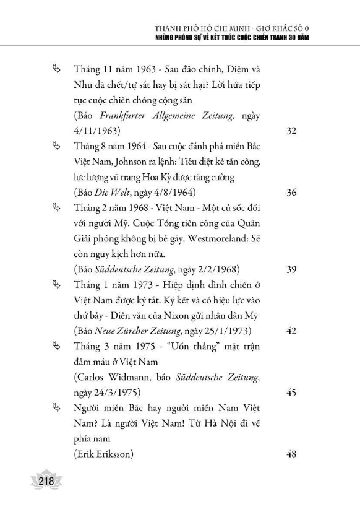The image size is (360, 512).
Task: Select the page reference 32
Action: tap(293, 132)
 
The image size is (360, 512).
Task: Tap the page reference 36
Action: tap(293, 193)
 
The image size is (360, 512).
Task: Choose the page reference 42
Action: tap(293, 331)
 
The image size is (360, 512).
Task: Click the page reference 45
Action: tap(293, 392)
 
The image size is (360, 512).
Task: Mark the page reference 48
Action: tap(293, 454)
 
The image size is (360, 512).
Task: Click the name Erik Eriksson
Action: tap(102, 454)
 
